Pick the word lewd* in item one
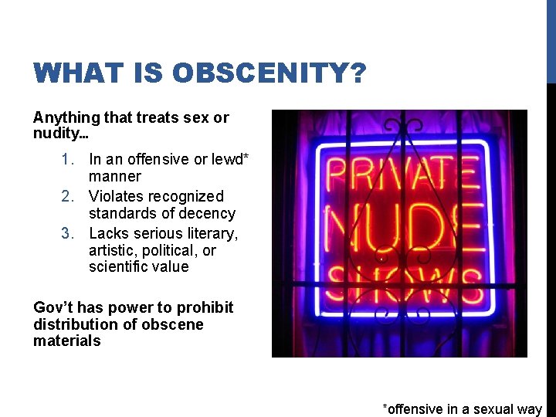click(229, 160)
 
